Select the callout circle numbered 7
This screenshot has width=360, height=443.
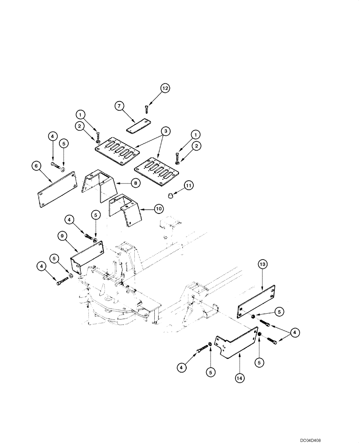point(119,106)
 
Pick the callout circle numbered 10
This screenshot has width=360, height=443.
point(159,208)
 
